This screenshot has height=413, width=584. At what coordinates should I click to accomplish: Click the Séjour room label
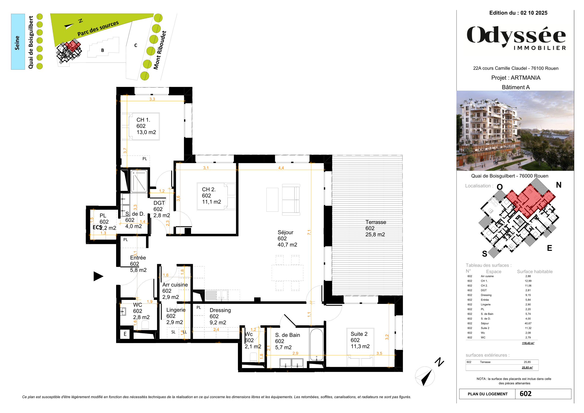click(287, 238)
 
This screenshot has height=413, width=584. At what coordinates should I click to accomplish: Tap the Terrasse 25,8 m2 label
click(376, 228)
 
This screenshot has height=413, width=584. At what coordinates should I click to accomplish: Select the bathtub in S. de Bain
click(316, 344)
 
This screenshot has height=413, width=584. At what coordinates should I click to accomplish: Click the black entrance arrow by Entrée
click(98, 276)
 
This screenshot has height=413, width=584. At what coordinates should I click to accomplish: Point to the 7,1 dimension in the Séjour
click(309, 232)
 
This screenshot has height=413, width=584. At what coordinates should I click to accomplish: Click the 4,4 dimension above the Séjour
click(281, 168)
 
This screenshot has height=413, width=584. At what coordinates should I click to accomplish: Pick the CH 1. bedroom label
click(146, 126)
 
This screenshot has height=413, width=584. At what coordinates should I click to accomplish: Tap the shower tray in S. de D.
click(139, 181)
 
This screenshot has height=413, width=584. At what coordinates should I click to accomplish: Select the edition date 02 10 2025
click(534, 13)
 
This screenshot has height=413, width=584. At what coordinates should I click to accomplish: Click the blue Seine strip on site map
click(17, 42)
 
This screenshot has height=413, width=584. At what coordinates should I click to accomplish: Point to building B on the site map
click(103, 50)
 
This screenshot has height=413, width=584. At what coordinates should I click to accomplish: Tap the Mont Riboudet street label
click(160, 50)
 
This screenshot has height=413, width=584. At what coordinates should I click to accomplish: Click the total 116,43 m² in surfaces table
click(528, 343)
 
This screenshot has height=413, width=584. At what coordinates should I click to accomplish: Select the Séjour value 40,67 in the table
click(528, 323)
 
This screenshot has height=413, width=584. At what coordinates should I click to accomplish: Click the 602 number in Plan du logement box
click(525, 394)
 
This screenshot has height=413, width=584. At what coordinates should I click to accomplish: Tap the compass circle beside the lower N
click(424, 376)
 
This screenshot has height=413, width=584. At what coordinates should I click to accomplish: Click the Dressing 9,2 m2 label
click(220, 316)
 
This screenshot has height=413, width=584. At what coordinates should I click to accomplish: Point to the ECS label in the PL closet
click(97, 227)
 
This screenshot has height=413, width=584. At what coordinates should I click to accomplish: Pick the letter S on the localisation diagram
click(485, 253)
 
